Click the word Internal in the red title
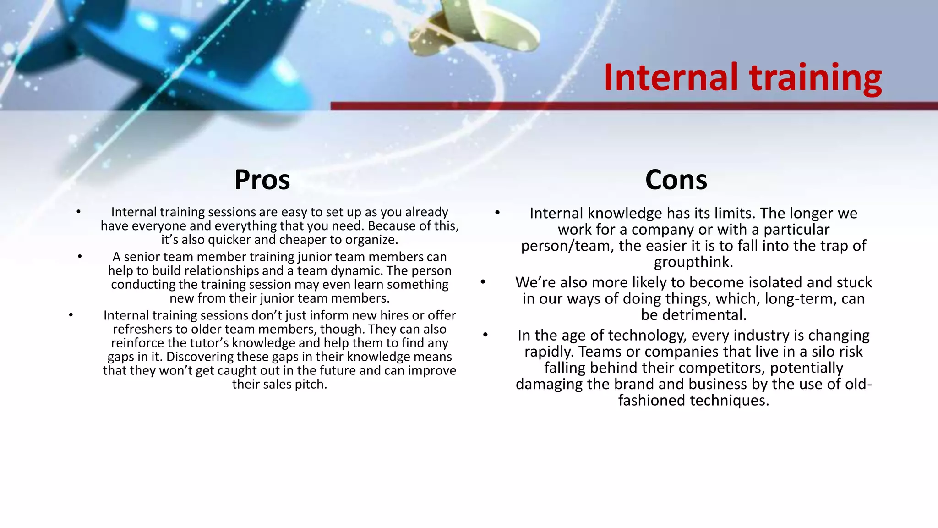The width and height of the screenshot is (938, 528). (671, 77)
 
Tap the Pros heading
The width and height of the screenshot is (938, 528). (262, 180)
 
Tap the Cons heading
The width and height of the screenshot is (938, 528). (676, 180)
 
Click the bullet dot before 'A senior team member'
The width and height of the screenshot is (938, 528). (80, 257)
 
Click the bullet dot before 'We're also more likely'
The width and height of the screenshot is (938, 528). (483, 282)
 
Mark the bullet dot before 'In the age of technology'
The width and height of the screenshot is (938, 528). (485, 335)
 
